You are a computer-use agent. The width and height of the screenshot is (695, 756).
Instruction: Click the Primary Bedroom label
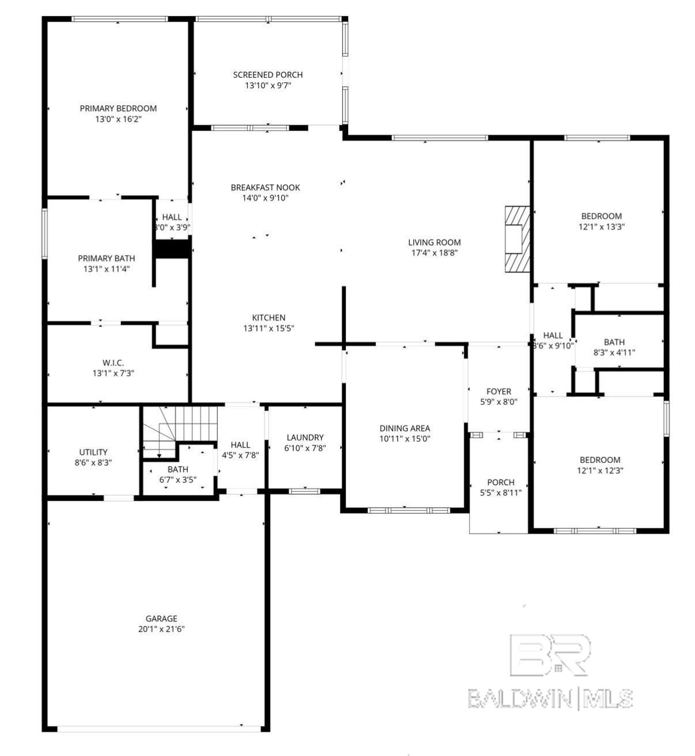pos(118,108)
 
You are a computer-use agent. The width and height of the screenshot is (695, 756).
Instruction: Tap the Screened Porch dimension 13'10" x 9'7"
pos(268,86)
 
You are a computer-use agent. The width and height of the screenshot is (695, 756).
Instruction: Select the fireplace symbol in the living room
pos(516,238)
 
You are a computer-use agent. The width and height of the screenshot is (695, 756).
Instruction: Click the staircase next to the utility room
pos(180,426)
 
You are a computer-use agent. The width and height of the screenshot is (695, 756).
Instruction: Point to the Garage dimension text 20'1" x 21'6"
pos(161,629)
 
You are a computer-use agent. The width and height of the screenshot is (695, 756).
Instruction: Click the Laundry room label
pos(305,438)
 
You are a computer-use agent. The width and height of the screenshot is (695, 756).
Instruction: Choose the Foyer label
pos(498,392)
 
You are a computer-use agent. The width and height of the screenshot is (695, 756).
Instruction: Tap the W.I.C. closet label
pos(113,363)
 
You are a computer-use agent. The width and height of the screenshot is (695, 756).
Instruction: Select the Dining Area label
pos(405,428)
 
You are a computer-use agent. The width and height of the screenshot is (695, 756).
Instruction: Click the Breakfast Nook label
pos(265,188)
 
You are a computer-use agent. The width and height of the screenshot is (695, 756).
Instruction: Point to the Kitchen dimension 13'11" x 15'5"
pos(269,328)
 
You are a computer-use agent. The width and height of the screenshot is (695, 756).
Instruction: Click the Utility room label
pos(93,453)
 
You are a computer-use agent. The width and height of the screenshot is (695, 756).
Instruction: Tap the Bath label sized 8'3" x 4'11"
pos(614,342)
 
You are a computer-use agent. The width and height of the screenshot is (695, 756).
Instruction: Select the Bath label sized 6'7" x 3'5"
pos(178,470)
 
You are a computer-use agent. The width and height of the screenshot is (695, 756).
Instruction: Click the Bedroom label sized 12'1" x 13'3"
pos(601,216)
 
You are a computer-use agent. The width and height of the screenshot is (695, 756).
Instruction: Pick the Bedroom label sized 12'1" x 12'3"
pos(600,460)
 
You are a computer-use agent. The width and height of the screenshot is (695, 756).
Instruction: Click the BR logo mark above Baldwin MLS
pos(550,655)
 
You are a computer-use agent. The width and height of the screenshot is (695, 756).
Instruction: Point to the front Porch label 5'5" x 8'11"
pos(500,483)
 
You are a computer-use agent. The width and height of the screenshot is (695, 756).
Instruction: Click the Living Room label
pos(435,242)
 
